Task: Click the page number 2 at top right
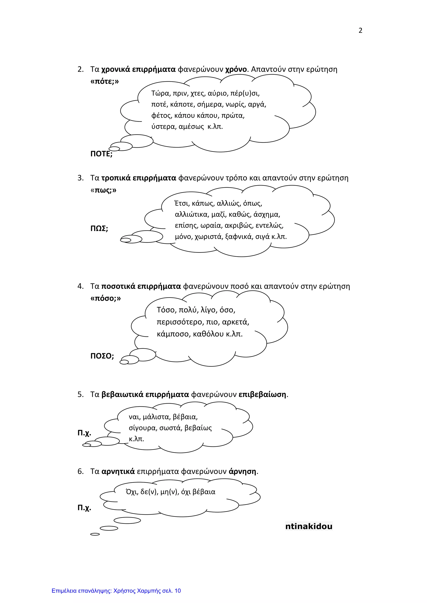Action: pyautogui.click(x=360, y=30)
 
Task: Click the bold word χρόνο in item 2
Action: pyautogui.click(x=236, y=69)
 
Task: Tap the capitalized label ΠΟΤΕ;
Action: pyautogui.click(x=101, y=154)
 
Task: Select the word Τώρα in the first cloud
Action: pyautogui.click(x=160, y=93)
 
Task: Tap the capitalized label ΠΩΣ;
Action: pyautogui.click(x=99, y=228)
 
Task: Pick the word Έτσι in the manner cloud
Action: pyautogui.click(x=181, y=203)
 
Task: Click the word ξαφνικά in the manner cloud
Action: pyautogui.click(x=239, y=237)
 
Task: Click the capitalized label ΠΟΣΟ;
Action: pyautogui.click(x=102, y=356)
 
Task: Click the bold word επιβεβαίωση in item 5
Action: pyautogui.click(x=262, y=395)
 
